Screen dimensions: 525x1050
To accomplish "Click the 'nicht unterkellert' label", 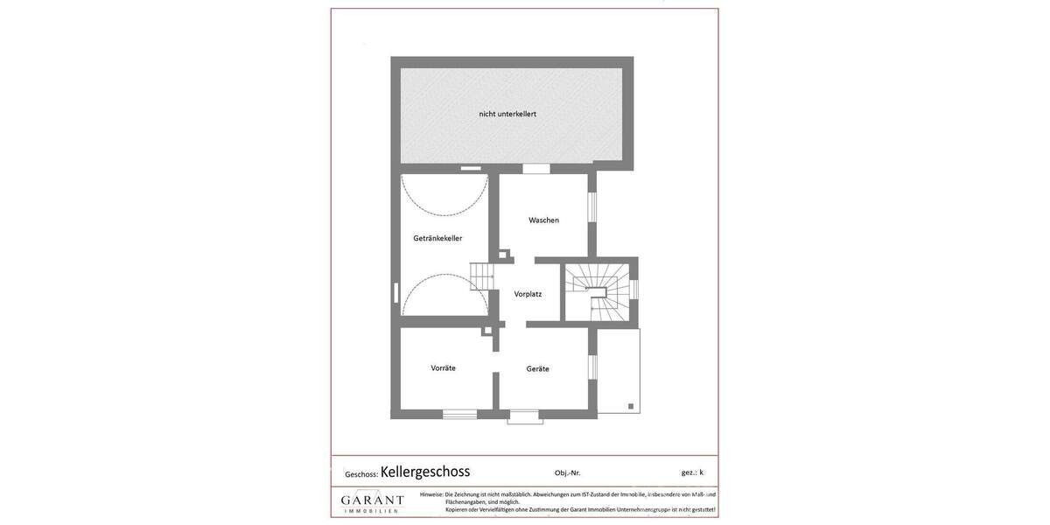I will pyautogui.click(x=507, y=114).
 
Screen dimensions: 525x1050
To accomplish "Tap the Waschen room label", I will pyautogui.click(x=543, y=220).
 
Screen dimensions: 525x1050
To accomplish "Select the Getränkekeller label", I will pyautogui.click(x=437, y=238).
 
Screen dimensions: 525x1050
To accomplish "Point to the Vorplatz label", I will pyautogui.click(x=528, y=294).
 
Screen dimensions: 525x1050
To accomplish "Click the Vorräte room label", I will pyautogui.click(x=443, y=368).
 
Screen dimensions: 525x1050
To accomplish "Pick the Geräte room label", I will pyautogui.click(x=537, y=369).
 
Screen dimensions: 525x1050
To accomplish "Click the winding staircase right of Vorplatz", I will pyautogui.click(x=598, y=292).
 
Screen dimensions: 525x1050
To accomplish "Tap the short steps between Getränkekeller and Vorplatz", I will pyautogui.click(x=483, y=276).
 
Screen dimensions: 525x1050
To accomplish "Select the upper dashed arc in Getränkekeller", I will pyautogui.click(x=444, y=197).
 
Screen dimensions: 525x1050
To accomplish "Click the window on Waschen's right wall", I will pyautogui.click(x=591, y=206).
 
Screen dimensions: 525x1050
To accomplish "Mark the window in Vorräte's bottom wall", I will pyautogui.click(x=459, y=414).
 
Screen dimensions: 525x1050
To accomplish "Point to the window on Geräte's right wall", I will pyautogui.click(x=591, y=367).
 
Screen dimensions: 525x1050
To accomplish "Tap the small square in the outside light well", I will pyautogui.click(x=630, y=406).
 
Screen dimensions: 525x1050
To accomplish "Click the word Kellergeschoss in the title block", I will pyautogui.click(x=425, y=472).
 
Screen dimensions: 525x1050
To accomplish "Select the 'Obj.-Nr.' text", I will pyautogui.click(x=567, y=473).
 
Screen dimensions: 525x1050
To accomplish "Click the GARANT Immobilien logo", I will pyautogui.click(x=373, y=502).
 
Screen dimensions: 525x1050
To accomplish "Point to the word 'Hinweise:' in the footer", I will pyautogui.click(x=431, y=494).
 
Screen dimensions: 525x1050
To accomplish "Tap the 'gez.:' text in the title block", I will pyautogui.click(x=689, y=472).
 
